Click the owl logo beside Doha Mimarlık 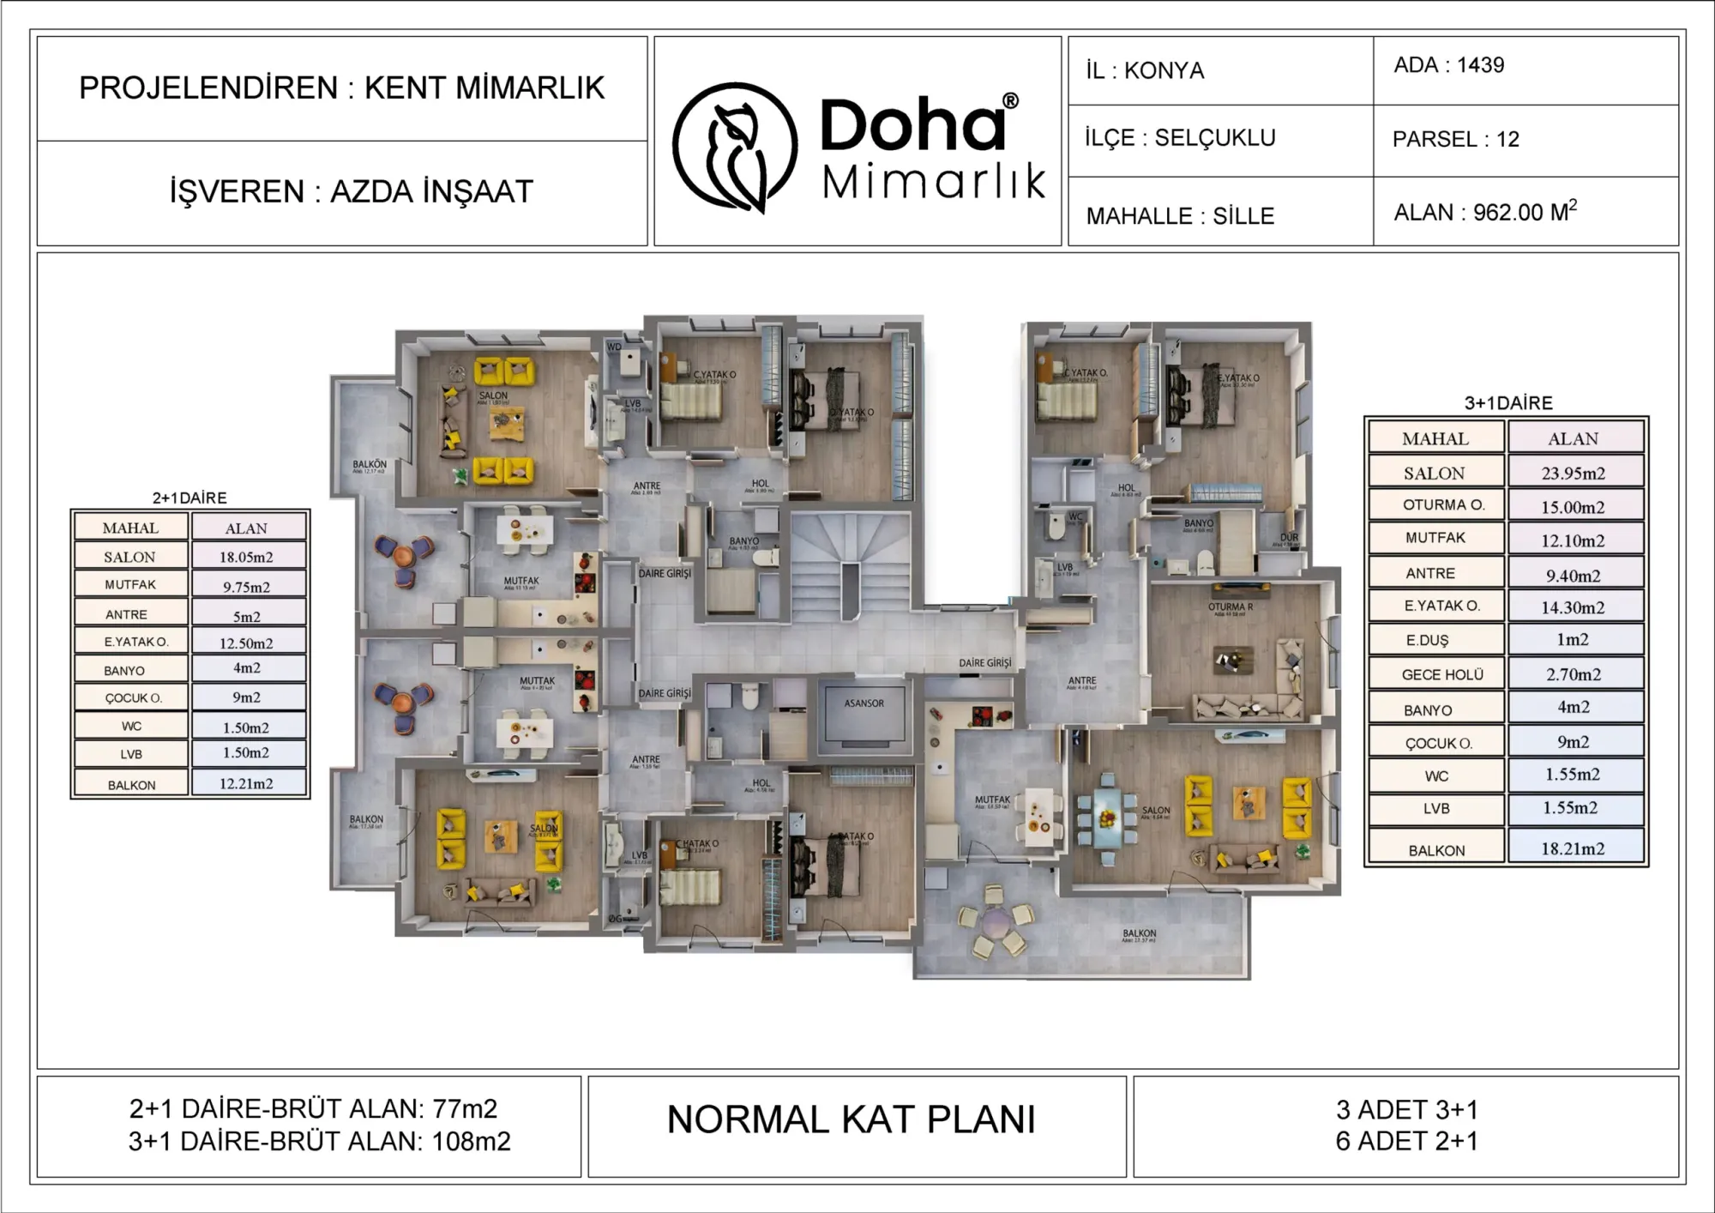tap(735, 147)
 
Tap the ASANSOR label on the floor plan tap(864, 703)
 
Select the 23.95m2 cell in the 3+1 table tap(1573, 473)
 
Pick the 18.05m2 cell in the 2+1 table tap(246, 557)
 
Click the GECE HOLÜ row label tap(1442, 675)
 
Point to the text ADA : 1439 tap(1448, 65)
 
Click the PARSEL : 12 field tap(1455, 139)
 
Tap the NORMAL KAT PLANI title tap(851, 1119)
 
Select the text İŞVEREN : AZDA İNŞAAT tap(351, 191)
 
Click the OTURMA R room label tap(1231, 607)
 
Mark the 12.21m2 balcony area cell tap(246, 783)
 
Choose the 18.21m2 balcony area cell tap(1573, 848)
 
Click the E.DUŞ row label tap(1427, 641)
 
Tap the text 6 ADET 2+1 tap(1406, 1141)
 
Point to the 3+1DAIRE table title tap(1508, 403)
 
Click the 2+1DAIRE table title tap(190, 498)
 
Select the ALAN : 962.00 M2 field tap(1485, 212)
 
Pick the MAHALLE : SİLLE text tap(1180, 216)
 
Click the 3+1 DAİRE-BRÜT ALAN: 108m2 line tap(319, 1142)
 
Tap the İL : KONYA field tap(1145, 70)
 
